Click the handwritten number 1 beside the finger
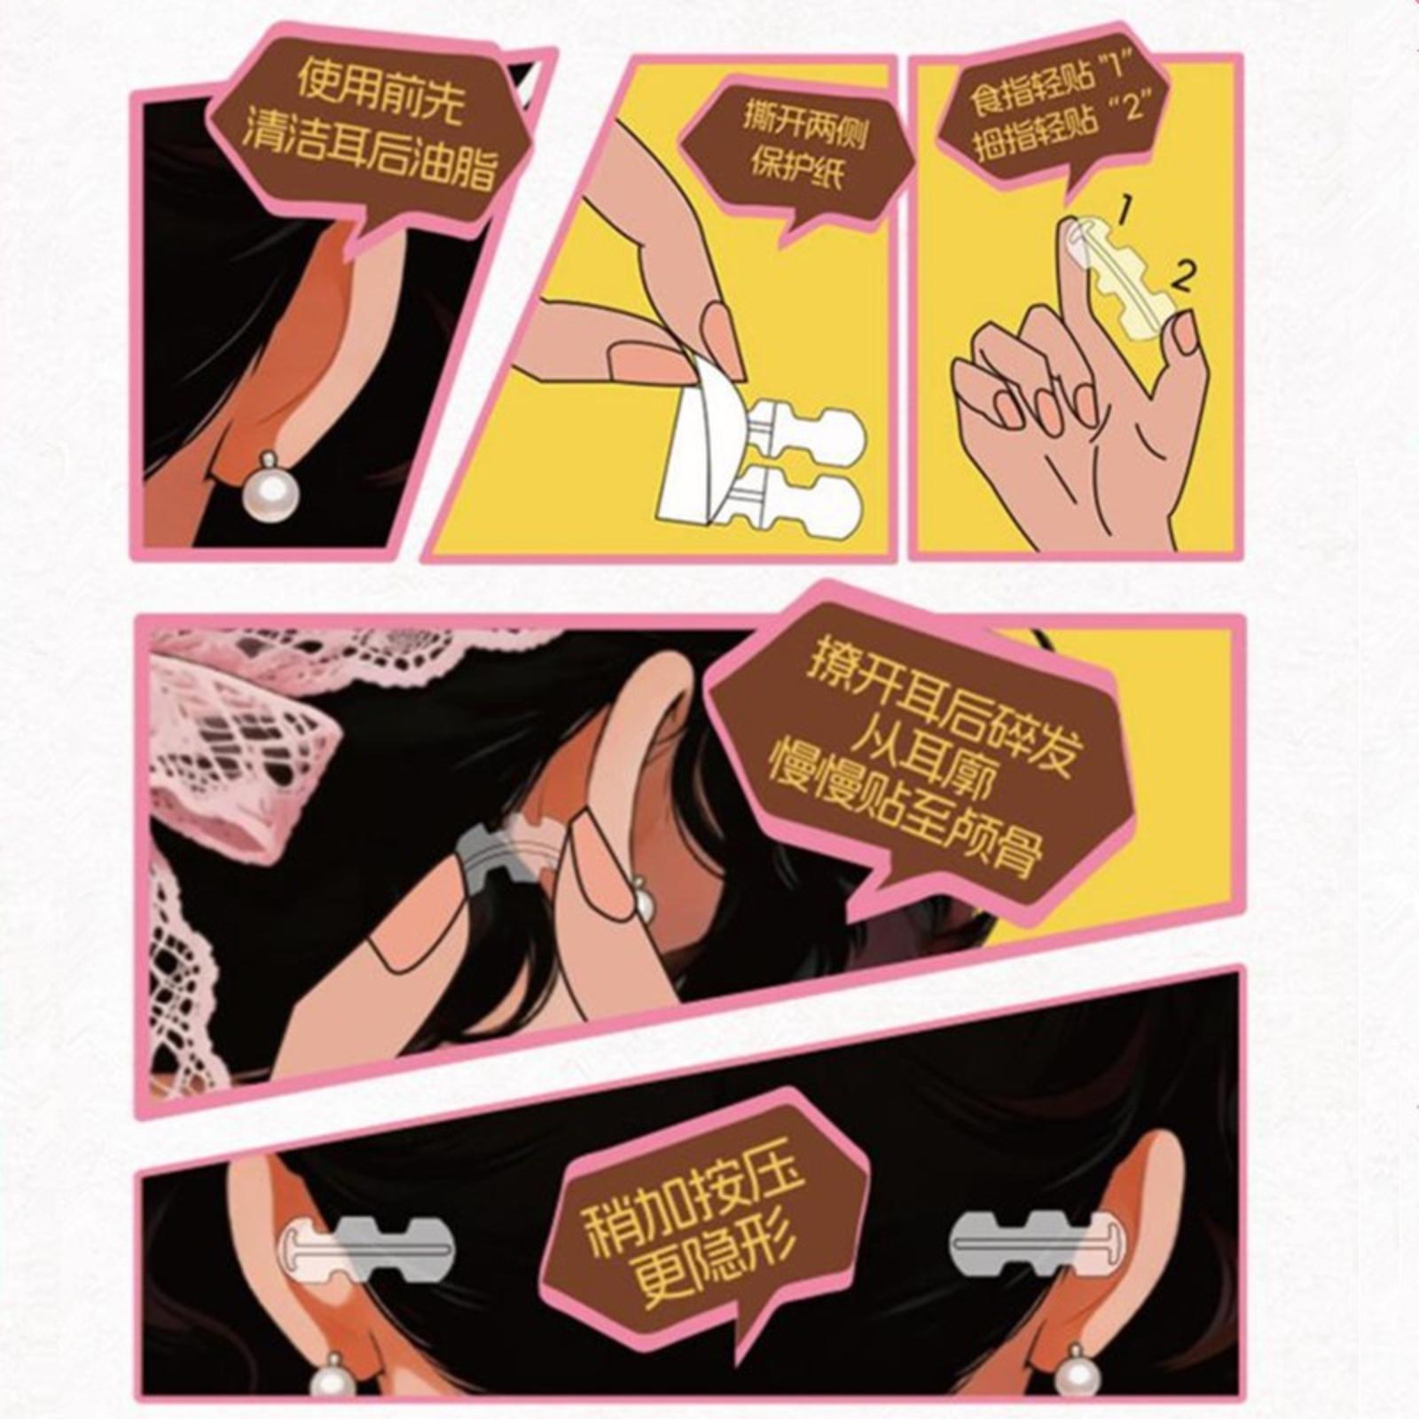pos(1124,211)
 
